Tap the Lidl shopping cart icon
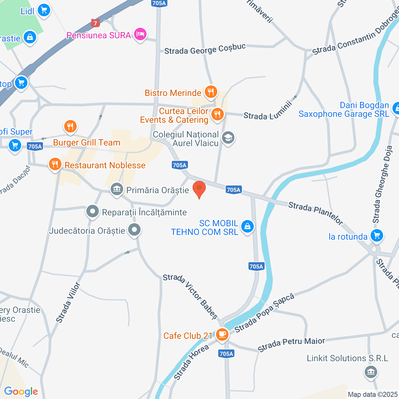point(44,11)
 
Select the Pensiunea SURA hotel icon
point(140,34)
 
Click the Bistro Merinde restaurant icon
point(211,92)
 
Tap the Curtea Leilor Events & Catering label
point(174,116)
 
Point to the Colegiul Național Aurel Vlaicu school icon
point(228,138)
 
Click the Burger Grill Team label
point(87,143)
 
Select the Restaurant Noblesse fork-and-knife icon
point(55,164)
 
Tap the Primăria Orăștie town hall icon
point(117,189)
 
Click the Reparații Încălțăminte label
point(144,213)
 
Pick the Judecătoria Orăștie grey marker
point(134,230)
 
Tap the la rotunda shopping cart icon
point(377,236)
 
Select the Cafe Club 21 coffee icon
point(222,335)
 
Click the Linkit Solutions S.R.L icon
point(371,372)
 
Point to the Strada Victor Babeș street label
point(190,296)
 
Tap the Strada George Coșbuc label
point(205,49)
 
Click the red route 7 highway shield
point(95,23)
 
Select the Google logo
point(21,392)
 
